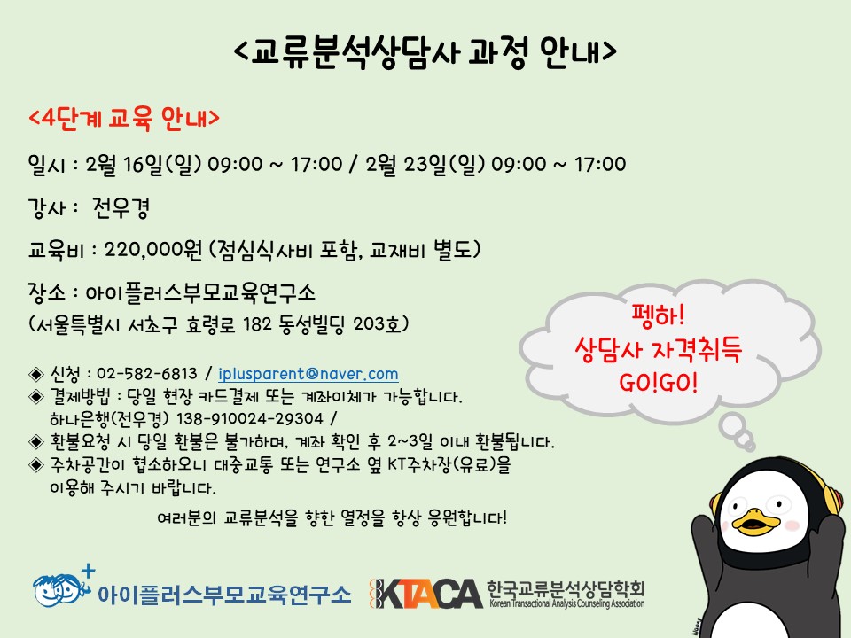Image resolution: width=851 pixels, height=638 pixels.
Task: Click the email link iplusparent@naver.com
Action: click(x=308, y=374)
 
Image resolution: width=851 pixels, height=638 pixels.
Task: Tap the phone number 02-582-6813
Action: click(x=146, y=374)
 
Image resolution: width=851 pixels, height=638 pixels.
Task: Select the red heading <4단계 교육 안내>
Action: click(x=124, y=118)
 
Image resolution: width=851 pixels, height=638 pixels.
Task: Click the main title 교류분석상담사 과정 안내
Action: click(x=426, y=51)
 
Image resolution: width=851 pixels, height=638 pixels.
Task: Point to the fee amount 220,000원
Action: click(x=152, y=250)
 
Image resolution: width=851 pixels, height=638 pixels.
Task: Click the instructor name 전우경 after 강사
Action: click(x=121, y=207)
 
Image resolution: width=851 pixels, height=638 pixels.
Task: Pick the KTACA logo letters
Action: click(x=426, y=594)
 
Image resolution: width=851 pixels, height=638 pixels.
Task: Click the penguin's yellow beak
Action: click(x=755, y=519)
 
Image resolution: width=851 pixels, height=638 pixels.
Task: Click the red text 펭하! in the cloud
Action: click(x=658, y=315)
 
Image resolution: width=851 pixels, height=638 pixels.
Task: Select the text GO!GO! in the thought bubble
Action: click(x=658, y=383)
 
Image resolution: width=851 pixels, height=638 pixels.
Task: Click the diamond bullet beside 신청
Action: click(x=35, y=374)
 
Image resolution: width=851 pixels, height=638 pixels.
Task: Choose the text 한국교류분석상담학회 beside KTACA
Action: click(x=566, y=588)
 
